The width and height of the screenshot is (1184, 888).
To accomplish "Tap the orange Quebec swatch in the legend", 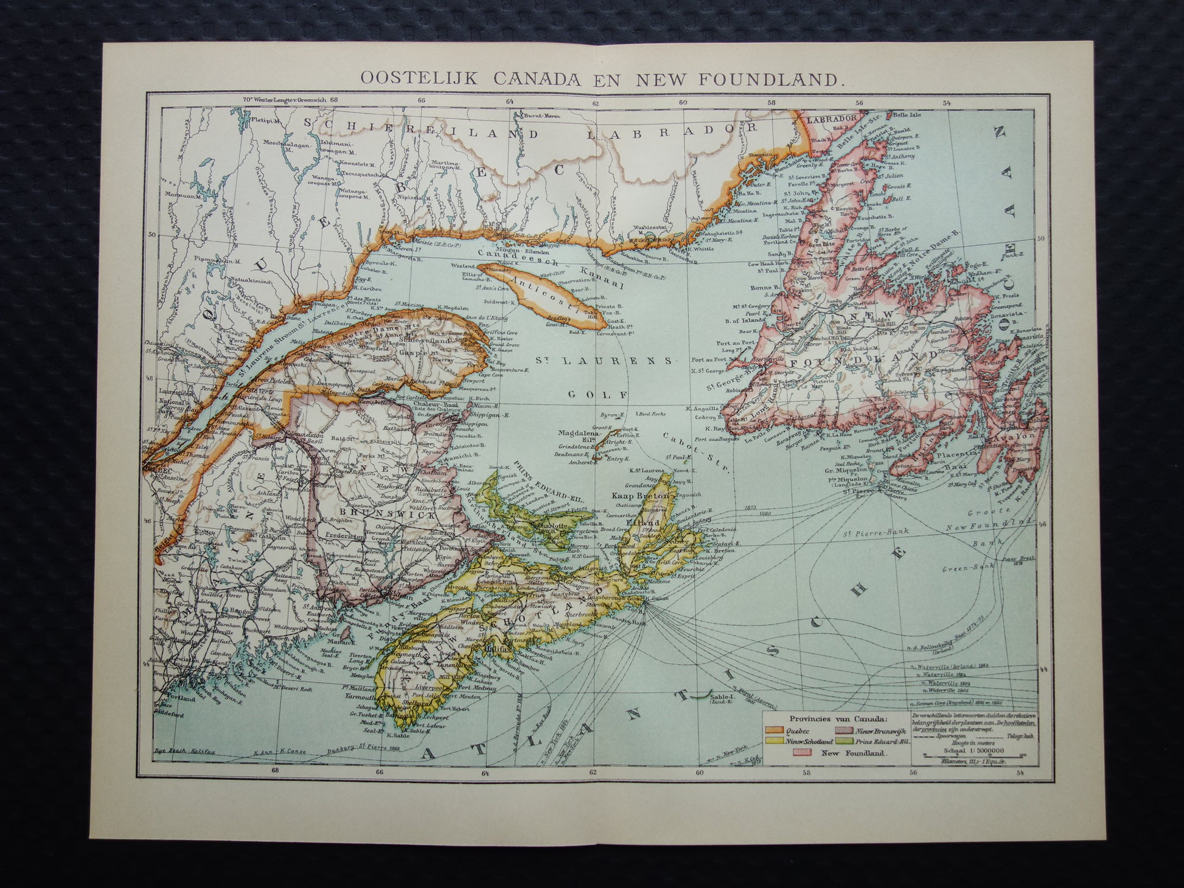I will point(777,732).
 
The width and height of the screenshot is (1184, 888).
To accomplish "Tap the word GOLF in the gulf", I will point(599,395).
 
